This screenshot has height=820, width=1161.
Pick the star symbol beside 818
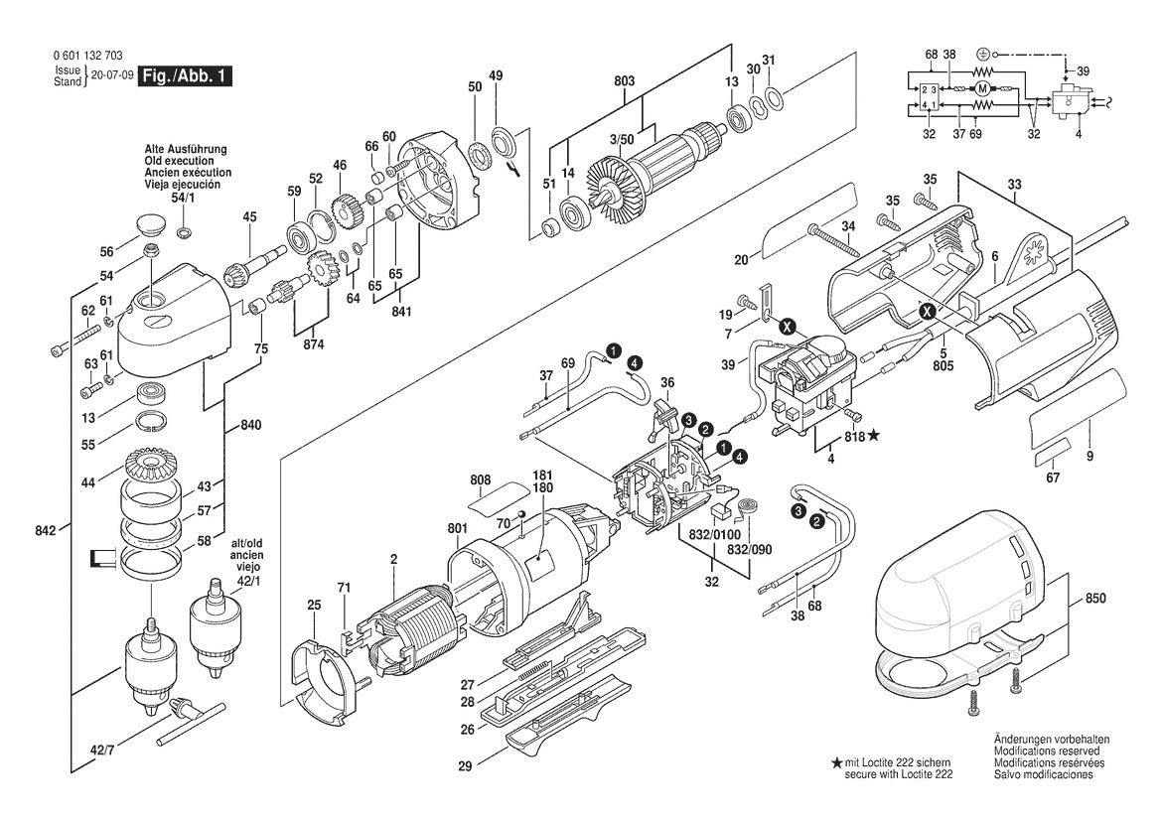874,435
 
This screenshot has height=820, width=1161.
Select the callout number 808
481,479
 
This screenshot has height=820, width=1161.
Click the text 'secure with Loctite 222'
899,773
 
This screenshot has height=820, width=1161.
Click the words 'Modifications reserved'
1051,752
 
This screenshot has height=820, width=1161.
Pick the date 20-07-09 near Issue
112,75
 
